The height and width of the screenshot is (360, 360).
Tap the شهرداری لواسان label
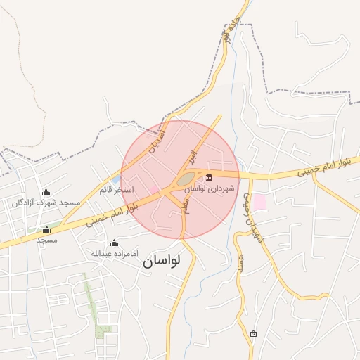(209, 188)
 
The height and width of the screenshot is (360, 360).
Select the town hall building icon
(209, 176)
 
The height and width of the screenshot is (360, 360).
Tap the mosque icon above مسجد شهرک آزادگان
(46, 192)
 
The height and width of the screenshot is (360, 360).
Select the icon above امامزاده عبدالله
(114, 243)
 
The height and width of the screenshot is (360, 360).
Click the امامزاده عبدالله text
(114, 252)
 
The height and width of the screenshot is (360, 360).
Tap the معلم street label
(185, 205)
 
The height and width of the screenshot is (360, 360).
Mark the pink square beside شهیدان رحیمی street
(259, 201)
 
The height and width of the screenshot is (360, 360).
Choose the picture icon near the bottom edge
(253, 333)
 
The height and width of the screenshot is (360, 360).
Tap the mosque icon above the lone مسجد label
(46, 229)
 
